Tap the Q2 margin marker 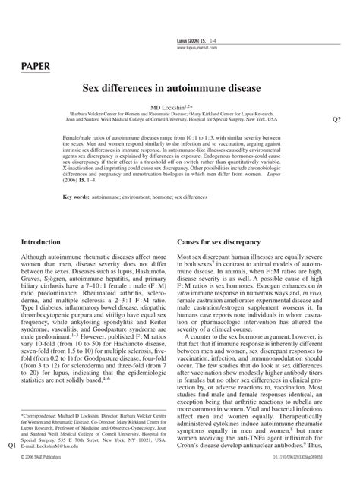(338, 119)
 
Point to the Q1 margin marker (11, 448)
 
